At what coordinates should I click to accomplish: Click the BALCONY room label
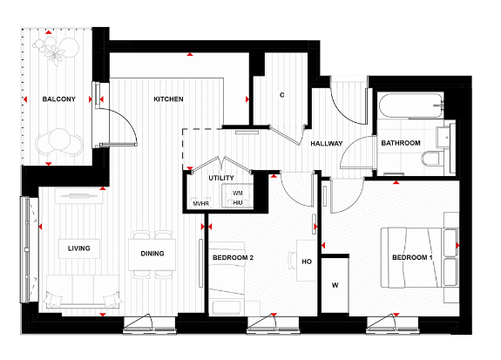coord(59,99)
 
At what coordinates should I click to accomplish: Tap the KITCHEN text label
coord(168,99)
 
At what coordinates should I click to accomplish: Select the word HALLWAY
coord(327,144)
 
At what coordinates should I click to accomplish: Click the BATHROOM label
coord(400,143)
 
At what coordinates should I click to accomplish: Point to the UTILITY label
coord(221,178)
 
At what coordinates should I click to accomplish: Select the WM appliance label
coord(237,192)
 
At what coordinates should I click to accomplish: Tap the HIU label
coord(237,202)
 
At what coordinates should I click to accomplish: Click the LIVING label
coord(79,248)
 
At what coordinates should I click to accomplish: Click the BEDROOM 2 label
coord(233,259)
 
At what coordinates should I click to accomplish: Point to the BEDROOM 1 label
coord(412,259)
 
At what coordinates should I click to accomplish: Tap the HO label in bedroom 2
coord(306,259)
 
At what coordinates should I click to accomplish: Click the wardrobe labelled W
coord(335,284)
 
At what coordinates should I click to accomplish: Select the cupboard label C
coord(282,94)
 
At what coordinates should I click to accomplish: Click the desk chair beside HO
coord(294,259)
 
